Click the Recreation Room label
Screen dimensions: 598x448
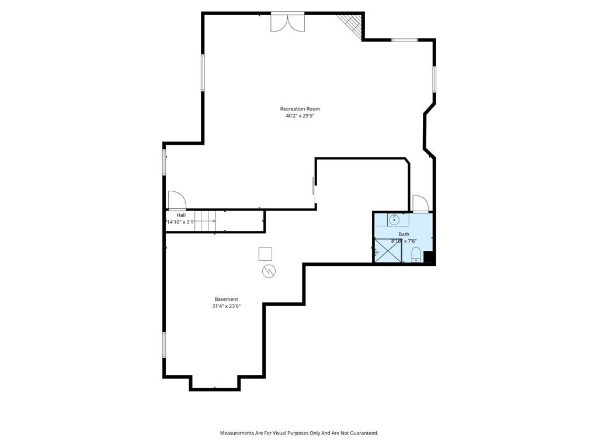300,109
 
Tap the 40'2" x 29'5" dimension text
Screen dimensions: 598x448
300,116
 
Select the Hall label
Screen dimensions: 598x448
181,215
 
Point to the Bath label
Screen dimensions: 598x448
404,235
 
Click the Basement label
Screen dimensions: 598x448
226,299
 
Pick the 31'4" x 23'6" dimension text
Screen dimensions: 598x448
226,306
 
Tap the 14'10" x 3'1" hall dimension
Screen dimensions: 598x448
181,222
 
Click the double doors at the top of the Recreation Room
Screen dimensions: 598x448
287,23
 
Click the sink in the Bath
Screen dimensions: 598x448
394,220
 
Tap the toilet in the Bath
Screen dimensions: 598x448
416,254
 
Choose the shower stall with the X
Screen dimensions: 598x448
388,250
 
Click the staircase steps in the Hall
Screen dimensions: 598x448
205,221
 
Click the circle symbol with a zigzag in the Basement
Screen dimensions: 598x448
269,271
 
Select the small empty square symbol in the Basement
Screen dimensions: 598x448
266,254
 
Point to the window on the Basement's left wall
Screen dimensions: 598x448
164,344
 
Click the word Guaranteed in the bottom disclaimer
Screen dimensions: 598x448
364,433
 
